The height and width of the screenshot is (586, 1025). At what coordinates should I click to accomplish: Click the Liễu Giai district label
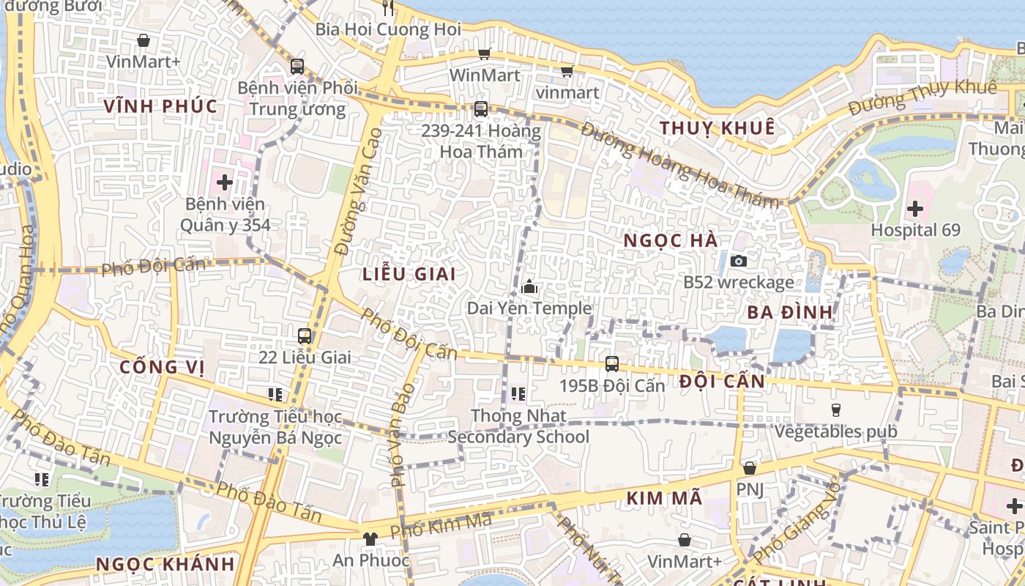pyautogui.click(x=409, y=274)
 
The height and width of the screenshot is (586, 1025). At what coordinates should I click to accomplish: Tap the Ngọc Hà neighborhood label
pyautogui.click(x=671, y=240)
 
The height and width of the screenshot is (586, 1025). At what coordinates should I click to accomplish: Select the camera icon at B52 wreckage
pyautogui.click(x=738, y=261)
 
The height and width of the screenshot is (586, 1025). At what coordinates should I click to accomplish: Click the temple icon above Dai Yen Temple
pyautogui.click(x=529, y=287)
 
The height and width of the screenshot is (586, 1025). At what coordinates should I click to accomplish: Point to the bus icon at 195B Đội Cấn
pyautogui.click(x=612, y=363)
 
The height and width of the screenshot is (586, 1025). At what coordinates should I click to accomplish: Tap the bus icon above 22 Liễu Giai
pyautogui.click(x=305, y=336)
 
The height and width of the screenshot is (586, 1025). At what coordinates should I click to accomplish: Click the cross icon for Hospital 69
pyautogui.click(x=914, y=209)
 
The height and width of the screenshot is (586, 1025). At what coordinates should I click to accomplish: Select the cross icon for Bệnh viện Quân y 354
pyautogui.click(x=225, y=182)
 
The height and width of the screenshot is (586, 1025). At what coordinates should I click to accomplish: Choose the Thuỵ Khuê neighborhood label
pyautogui.click(x=717, y=128)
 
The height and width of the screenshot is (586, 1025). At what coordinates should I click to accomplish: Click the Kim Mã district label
pyautogui.click(x=664, y=499)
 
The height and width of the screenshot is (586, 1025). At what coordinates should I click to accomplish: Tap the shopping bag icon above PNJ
pyautogui.click(x=749, y=468)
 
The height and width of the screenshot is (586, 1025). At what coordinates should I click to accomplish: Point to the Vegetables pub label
pyautogui.click(x=836, y=431)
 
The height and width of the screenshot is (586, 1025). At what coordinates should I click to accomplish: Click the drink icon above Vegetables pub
pyautogui.click(x=835, y=409)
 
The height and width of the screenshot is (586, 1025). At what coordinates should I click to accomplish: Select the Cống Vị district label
pyautogui.click(x=160, y=367)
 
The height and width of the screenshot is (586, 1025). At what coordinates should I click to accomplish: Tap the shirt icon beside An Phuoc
pyautogui.click(x=370, y=539)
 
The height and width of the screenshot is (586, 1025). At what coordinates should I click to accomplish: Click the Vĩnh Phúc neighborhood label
pyautogui.click(x=160, y=106)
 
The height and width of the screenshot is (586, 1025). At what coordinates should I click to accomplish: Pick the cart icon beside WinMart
pyautogui.click(x=484, y=53)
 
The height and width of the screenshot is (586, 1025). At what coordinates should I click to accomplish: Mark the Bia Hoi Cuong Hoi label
pyautogui.click(x=388, y=29)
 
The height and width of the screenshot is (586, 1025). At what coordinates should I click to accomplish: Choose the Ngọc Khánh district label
pyautogui.click(x=165, y=564)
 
